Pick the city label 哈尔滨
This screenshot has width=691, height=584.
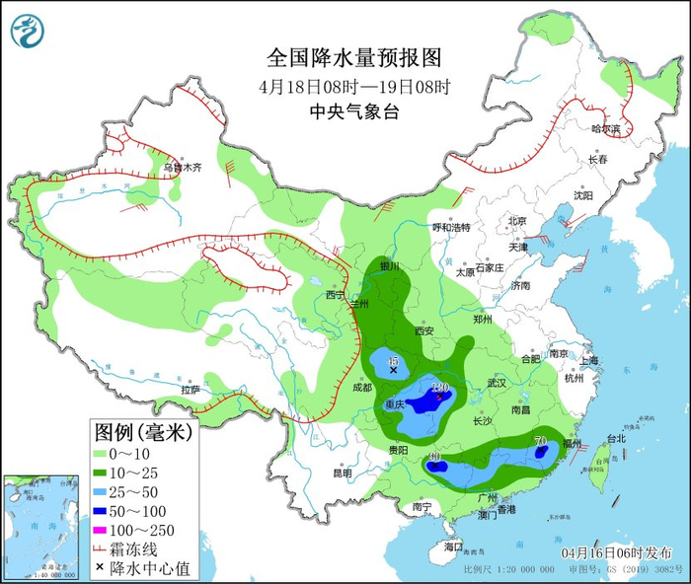pos(606,129)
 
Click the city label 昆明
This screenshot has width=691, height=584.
pos(342,473)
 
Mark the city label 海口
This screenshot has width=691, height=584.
pos(453,546)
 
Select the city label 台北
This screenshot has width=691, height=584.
pos(615,438)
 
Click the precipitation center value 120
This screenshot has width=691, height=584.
pos(440,388)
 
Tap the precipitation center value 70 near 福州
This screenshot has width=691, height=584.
pos(540,440)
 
